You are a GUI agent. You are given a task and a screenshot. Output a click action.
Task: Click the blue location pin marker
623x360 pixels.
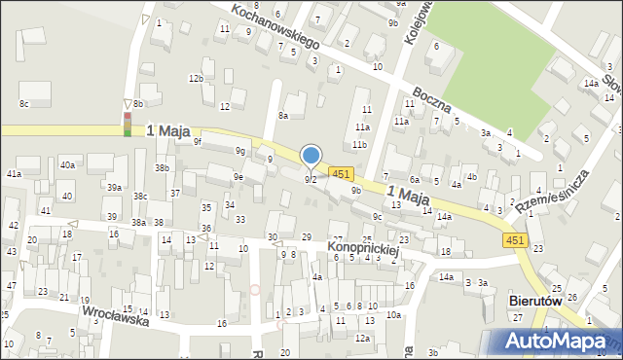coord(311,156)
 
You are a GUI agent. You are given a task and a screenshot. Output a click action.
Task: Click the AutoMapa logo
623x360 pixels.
coord(555,341)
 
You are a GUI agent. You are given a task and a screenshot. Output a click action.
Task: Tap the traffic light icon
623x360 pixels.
coord(127,125)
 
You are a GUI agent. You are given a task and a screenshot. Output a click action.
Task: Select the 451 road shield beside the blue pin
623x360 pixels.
coord(340,173)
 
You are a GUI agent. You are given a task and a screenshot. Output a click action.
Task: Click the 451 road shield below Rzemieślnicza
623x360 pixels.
coord(516,239)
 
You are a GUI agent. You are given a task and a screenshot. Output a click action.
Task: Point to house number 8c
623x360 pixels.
coord(23,102)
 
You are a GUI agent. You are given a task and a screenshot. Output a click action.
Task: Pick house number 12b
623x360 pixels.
coord(196,78)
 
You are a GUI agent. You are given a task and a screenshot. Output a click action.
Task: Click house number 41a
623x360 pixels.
coord(14,174)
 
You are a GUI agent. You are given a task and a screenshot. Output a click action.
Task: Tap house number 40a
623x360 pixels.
coord(67,165)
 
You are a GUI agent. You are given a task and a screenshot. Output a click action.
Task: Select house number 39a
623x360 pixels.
coord(114,188)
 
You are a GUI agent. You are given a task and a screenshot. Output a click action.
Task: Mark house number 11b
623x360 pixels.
coord(359,144)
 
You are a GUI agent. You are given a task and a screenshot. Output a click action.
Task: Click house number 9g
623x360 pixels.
coord(239,151)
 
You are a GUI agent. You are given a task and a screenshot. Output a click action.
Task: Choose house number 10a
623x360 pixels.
coord(393,315)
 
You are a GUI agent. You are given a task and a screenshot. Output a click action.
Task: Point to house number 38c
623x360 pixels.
coord(140,197)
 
